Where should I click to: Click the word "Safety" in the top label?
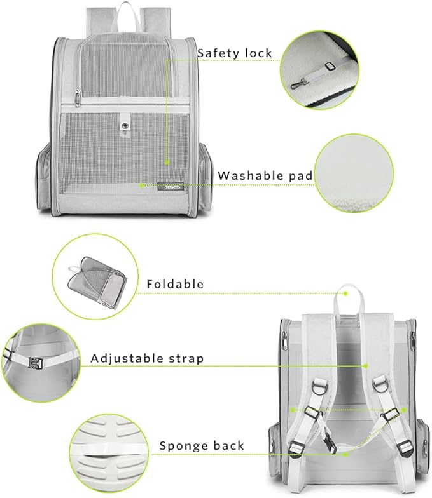click(x=214, y=53)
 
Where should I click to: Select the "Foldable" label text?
click(x=175, y=284)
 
